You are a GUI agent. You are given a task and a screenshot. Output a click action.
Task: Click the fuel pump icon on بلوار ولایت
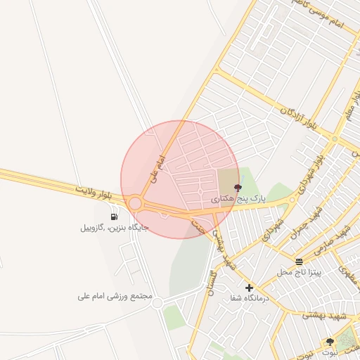tap(114, 216)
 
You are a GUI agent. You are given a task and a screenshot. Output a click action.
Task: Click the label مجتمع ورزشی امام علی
tap(115, 296)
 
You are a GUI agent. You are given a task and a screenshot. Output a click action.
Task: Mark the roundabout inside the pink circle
tap(135, 203)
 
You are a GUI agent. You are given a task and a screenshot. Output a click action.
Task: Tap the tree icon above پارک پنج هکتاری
tap(237, 188)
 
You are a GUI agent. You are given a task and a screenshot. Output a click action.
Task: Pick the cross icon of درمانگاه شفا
tap(249, 288)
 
